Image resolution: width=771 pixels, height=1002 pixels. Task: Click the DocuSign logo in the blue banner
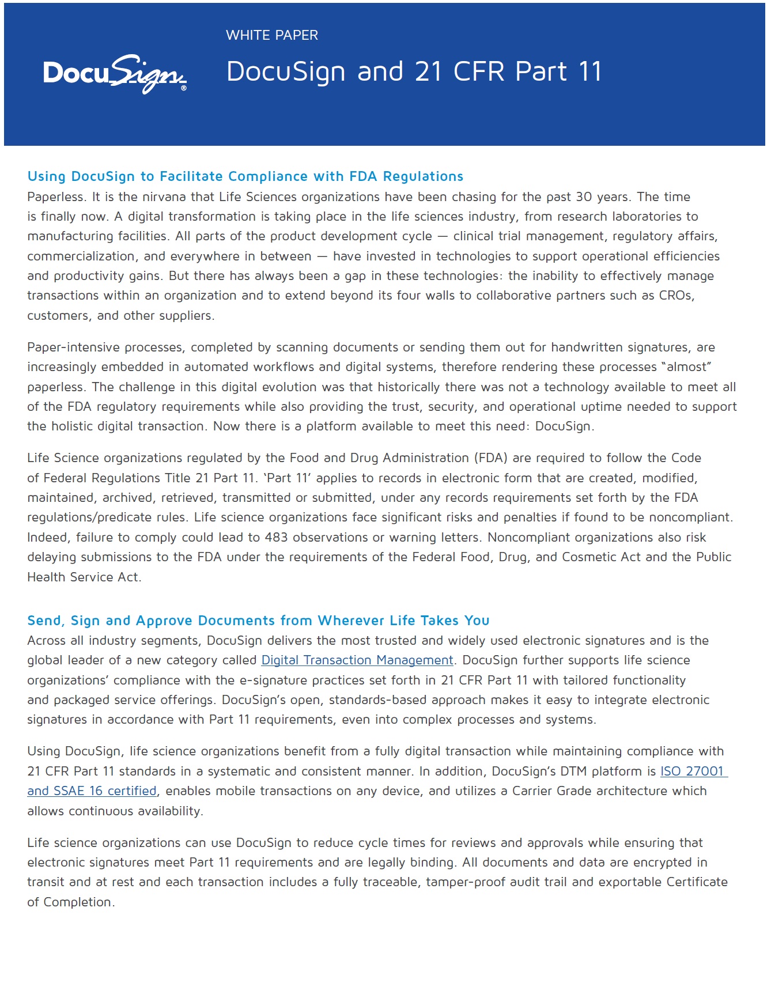pyautogui.click(x=115, y=74)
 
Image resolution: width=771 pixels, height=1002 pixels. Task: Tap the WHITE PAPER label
pyautogui.click(x=271, y=35)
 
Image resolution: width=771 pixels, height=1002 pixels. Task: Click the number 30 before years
pyautogui.click(x=584, y=197)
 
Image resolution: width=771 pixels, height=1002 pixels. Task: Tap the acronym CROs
pyautogui.click(x=676, y=296)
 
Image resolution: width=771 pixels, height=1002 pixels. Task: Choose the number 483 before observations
pyautogui.click(x=276, y=538)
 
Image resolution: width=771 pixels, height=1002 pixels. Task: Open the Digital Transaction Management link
pyautogui.click(x=357, y=660)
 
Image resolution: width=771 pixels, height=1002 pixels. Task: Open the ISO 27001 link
pyautogui.click(x=692, y=772)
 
